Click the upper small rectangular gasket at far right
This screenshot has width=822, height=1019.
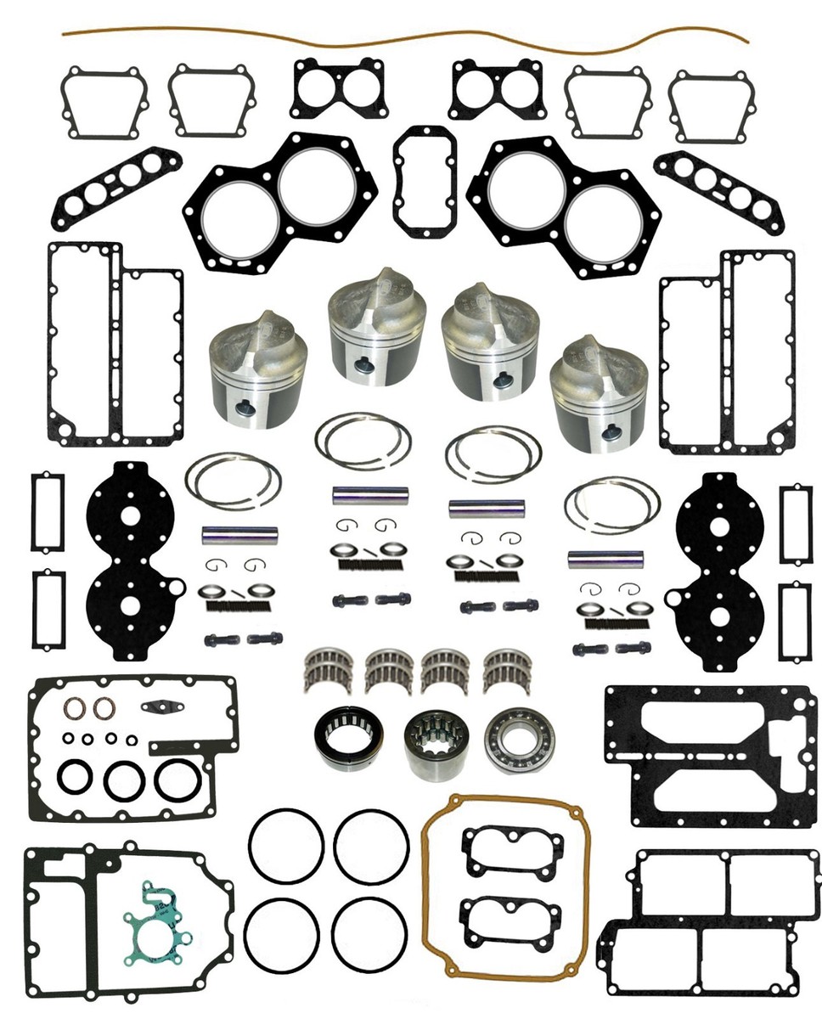click(x=797, y=523)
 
